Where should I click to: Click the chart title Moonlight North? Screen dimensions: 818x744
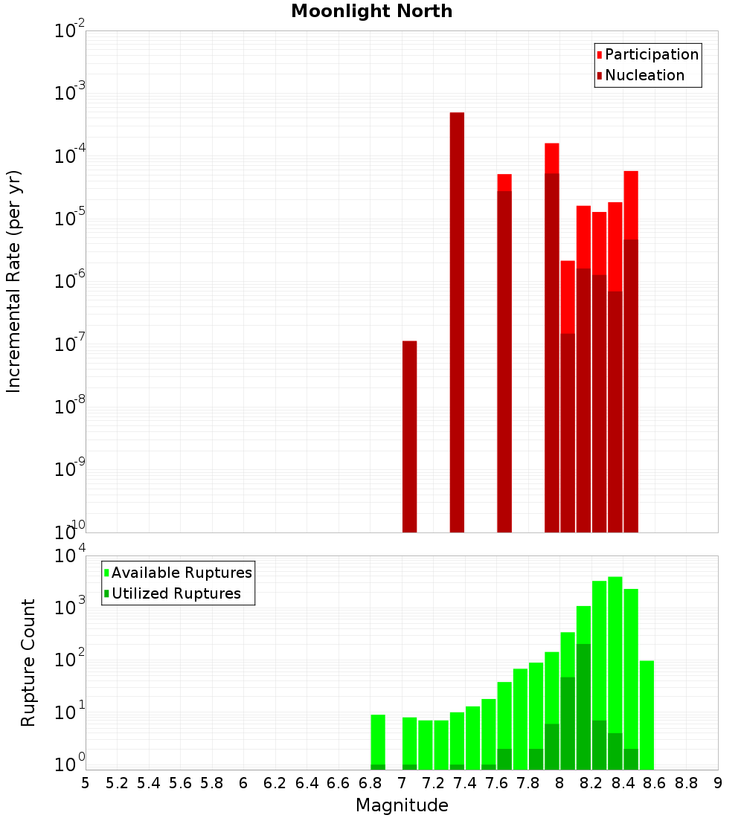(371, 11)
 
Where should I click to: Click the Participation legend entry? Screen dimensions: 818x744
(652, 54)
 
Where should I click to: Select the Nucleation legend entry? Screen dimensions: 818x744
(644, 75)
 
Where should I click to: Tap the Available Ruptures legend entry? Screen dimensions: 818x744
(182, 573)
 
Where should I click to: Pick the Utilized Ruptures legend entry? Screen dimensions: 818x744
(176, 593)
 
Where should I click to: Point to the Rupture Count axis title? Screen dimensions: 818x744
(28, 662)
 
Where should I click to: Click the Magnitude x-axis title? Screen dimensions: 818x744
(402, 805)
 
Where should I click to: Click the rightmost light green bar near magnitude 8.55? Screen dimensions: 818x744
(647, 714)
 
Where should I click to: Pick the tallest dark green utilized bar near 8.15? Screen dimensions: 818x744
(583, 706)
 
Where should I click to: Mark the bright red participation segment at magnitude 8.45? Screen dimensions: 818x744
(631, 205)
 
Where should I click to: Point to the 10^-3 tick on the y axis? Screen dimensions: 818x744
(69, 94)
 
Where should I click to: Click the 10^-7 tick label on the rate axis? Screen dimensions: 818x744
(69, 344)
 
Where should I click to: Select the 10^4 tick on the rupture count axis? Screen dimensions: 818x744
(69, 556)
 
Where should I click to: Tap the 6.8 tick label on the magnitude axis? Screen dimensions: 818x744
(370, 782)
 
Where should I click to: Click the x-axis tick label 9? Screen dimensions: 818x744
(717, 782)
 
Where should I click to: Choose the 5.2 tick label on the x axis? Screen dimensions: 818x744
(117, 782)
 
